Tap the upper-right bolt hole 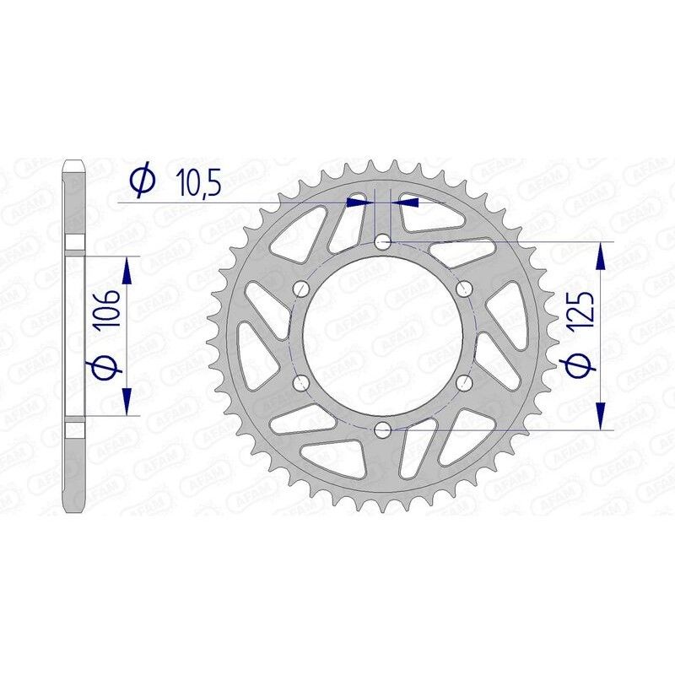tap(463, 289)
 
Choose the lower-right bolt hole tap(463, 384)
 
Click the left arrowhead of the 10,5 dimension tap(359, 202)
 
